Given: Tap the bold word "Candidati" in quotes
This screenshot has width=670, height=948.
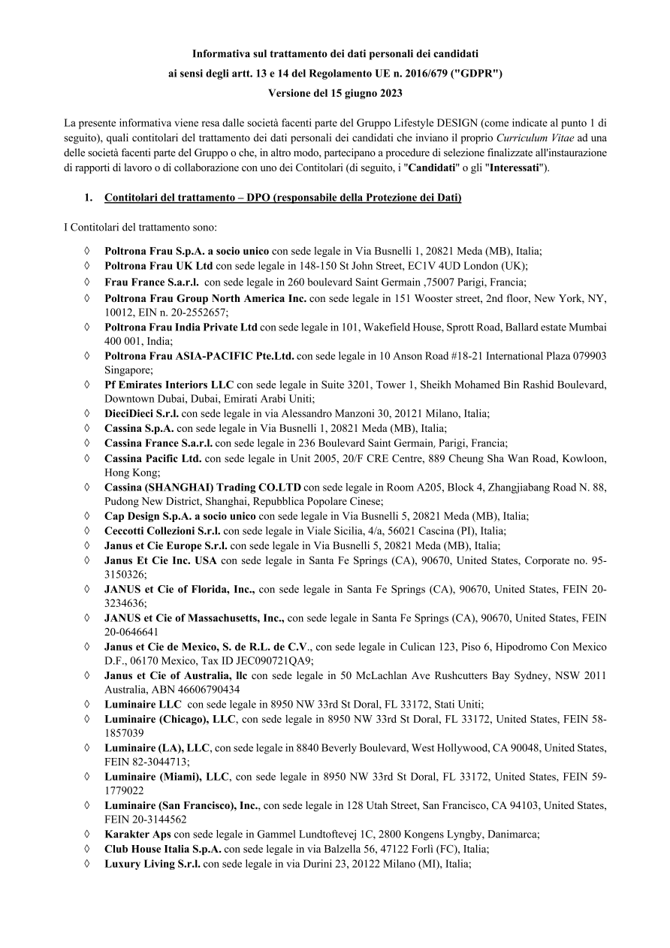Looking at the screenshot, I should point(418,168).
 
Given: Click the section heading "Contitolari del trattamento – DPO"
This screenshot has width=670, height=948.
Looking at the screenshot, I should point(282,198).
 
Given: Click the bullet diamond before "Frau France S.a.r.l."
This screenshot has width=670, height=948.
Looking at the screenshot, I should point(89,282).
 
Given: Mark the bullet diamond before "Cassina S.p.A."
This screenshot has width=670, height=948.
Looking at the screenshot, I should point(89,428).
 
